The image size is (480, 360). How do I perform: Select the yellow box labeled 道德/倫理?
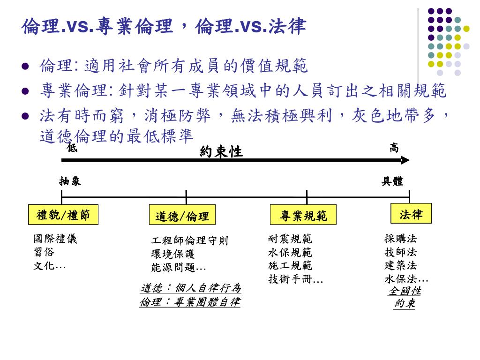182,217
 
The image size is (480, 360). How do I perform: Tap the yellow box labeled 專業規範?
303,216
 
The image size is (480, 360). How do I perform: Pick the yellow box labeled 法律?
411,214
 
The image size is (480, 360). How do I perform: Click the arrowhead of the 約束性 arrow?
405,160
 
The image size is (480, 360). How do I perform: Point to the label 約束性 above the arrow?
221,151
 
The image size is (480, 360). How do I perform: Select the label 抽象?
70,181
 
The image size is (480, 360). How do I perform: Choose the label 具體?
392,181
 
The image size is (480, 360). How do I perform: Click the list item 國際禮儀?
55,239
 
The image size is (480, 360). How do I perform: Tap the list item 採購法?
401,239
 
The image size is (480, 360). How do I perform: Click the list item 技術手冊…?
296,279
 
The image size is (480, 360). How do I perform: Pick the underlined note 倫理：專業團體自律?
190,302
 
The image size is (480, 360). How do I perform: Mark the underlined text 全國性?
405,291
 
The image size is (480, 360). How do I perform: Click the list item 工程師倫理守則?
190,241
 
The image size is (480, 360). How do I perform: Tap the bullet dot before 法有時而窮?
26,116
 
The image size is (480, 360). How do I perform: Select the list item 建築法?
401,266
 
